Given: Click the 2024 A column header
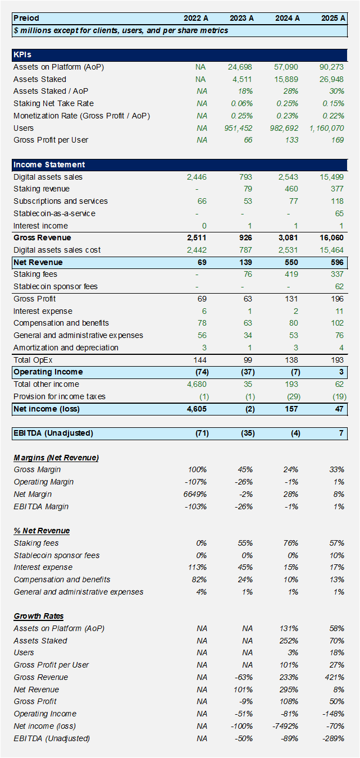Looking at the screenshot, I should [x=287, y=18].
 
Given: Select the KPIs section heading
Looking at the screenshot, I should [x=22, y=55].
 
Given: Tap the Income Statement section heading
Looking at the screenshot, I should [x=49, y=165].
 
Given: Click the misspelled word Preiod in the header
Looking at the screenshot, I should [x=26, y=18].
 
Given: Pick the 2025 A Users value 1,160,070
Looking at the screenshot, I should [x=326, y=128].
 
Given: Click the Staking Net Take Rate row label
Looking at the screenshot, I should [x=53, y=103].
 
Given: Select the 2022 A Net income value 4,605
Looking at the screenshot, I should [x=196, y=409].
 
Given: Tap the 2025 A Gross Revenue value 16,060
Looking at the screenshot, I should [x=332, y=238].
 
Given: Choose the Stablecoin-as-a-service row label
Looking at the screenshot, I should [x=54, y=213].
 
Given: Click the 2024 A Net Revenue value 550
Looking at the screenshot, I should [x=292, y=262].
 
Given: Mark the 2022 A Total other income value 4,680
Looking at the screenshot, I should [x=197, y=384].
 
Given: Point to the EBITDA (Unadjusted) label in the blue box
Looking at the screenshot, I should [x=53, y=433].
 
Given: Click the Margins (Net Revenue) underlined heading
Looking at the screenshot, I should [x=56, y=458].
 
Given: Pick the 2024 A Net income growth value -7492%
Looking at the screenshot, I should [x=285, y=726].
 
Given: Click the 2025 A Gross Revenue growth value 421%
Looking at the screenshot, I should [x=335, y=677].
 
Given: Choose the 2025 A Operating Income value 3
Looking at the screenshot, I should [x=341, y=372].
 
